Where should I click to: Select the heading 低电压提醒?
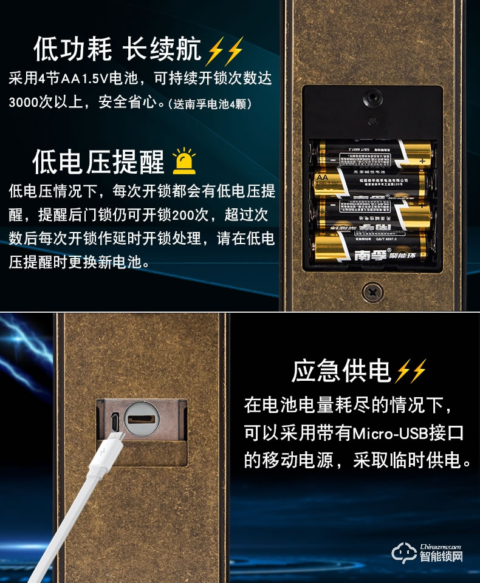pos(98,162)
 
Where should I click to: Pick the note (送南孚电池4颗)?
pos(210,103)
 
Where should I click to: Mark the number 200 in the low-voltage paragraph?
pos(182,215)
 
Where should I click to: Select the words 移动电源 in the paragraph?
pos(297,460)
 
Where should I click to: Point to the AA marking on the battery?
pos(322,177)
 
